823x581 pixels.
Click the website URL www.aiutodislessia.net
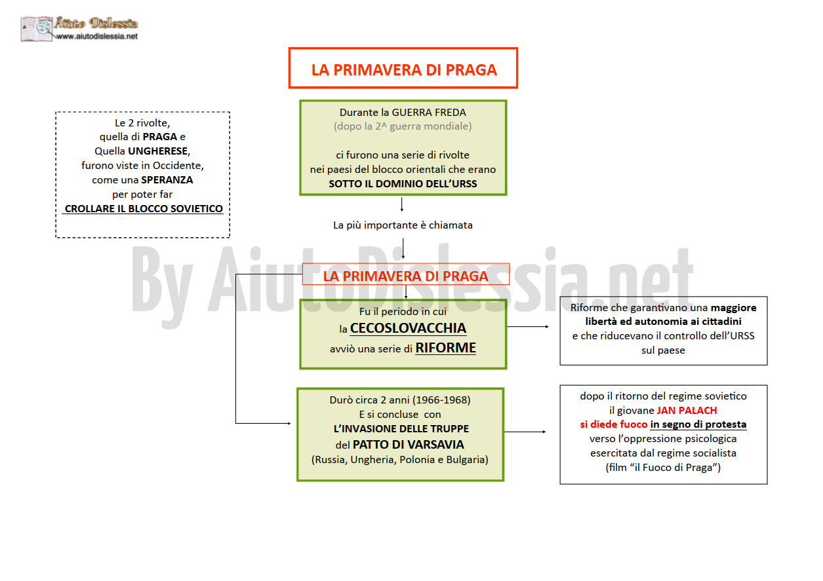(x=97, y=36)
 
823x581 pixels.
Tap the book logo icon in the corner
(x=37, y=29)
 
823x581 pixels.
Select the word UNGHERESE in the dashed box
(x=158, y=151)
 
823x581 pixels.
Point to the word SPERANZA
(x=167, y=180)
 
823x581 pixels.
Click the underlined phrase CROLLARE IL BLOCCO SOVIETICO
(x=144, y=209)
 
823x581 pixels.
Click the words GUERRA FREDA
(x=429, y=112)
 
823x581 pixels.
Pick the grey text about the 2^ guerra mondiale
(x=403, y=126)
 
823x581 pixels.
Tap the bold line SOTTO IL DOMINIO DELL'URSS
(x=403, y=184)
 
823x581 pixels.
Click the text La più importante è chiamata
(x=403, y=225)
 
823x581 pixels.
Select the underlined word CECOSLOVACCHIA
(x=408, y=328)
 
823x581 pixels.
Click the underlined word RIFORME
(x=446, y=348)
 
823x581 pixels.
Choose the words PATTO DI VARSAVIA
(x=408, y=445)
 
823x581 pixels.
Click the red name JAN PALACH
(x=687, y=410)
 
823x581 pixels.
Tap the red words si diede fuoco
(x=614, y=424)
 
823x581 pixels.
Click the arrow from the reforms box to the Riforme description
(x=528, y=327)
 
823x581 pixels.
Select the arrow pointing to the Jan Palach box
(x=525, y=432)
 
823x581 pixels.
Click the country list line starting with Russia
(x=400, y=460)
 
